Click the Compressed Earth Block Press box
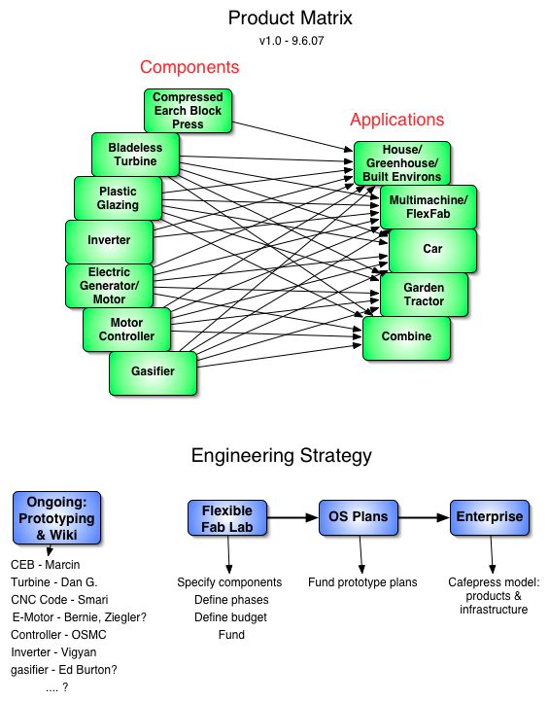click(188, 111)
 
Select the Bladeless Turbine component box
click(136, 155)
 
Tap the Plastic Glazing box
click(119, 198)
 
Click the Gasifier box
click(153, 373)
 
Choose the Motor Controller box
click(126, 330)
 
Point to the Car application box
click(432, 251)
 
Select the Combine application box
click(406, 338)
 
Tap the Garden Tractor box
click(425, 295)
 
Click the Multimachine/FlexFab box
click(429, 207)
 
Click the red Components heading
click(189, 67)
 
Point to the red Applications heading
click(396, 120)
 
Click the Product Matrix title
click(290, 18)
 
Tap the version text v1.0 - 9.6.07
click(292, 41)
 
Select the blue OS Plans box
click(359, 517)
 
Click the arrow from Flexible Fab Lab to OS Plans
click(292, 517)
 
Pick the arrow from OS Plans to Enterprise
click(424, 517)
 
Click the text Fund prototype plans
click(362, 582)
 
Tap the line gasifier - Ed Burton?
click(64, 670)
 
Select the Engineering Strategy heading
click(282, 456)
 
